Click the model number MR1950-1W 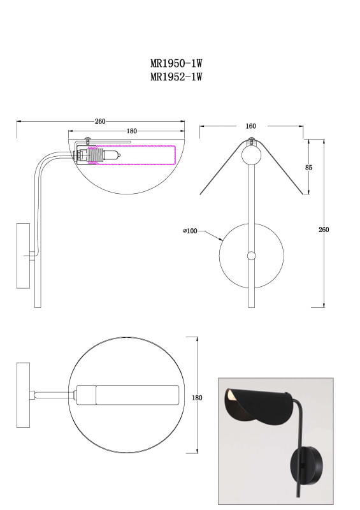[x=176, y=62]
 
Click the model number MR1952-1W [x=176, y=76]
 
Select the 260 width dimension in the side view [x=100, y=121]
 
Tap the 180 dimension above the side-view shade [x=131, y=131]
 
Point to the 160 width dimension [x=250, y=126]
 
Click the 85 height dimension [x=308, y=168]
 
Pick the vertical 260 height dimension [x=324, y=229]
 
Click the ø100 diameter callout [x=191, y=231]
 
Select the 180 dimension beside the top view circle [x=197, y=397]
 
